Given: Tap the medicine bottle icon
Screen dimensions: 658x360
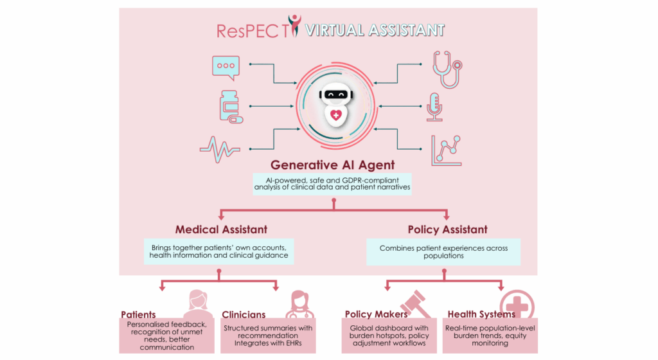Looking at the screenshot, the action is coord(231,107).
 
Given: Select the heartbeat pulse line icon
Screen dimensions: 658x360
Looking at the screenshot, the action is coord(220,149).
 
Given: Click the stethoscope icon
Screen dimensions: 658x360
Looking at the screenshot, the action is coord(447,69).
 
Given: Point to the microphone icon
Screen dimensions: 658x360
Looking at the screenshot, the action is coord(434,107).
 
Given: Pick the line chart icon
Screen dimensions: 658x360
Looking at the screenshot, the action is coord(447,150).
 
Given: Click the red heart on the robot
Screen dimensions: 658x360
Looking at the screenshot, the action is coord(335,114).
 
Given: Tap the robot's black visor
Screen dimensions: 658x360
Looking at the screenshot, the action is coord(335,94).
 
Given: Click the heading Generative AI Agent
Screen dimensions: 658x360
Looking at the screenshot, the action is coord(332,165).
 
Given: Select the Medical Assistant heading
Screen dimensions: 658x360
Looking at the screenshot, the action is coord(221,230).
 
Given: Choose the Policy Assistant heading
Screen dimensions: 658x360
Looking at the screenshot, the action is coord(447,230).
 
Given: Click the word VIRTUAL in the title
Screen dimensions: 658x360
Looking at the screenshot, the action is coord(334,30).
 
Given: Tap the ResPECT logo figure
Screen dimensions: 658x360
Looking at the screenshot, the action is coord(294,25).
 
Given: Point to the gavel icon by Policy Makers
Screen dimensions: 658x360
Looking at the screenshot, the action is coord(416,304).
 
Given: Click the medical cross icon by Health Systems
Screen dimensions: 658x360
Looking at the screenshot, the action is coord(517,305).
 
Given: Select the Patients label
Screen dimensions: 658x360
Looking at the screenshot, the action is coord(138,315).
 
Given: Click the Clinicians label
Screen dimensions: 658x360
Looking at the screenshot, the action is coord(244,315).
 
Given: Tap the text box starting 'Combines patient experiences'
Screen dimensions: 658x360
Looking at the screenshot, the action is coord(443,252).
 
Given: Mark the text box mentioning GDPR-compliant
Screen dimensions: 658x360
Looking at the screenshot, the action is coord(332,184).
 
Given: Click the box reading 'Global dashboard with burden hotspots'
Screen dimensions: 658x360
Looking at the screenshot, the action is coord(389,336).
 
